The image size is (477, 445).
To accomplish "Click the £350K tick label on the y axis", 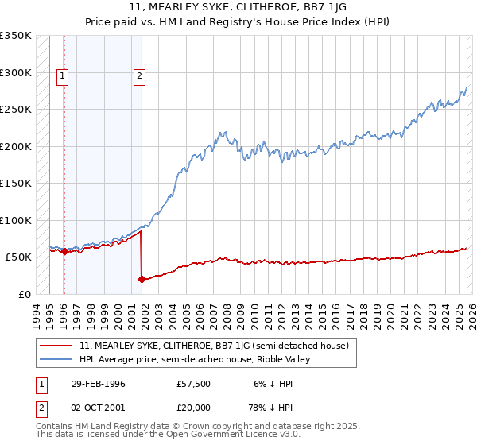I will coord(16,36).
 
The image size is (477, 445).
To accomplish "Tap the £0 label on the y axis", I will coord(25,294).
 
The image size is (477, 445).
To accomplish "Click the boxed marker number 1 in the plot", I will coord(63,77).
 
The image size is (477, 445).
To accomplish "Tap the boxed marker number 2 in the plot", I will coord(139,77).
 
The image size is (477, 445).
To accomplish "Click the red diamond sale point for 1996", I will coord(64,252).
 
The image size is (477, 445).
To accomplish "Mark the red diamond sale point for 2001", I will coord(142,279).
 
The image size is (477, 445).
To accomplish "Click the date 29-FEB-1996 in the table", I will coord(99,384).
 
